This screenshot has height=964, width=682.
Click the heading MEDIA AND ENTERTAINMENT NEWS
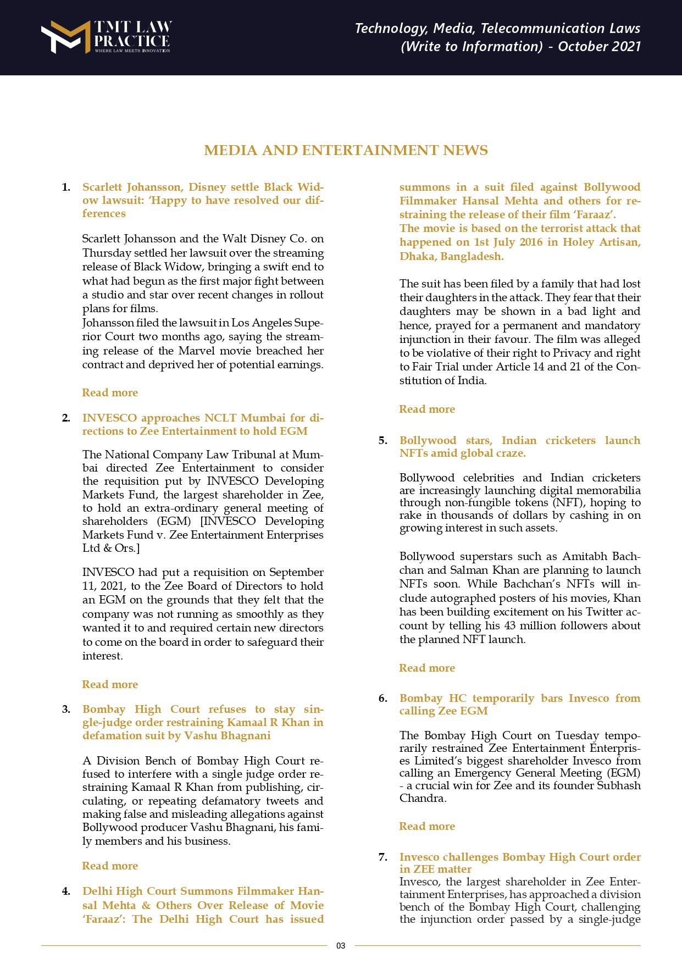click(x=346, y=151)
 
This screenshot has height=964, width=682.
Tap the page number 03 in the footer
click(x=341, y=945)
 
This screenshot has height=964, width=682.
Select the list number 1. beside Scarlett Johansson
click(x=66, y=187)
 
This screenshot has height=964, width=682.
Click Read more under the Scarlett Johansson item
click(x=110, y=392)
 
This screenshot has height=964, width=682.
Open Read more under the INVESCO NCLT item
click(x=110, y=684)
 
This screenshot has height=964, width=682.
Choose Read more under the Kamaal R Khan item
click(x=110, y=866)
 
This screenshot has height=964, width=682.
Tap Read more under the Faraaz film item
click(x=427, y=409)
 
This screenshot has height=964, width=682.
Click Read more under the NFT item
click(x=427, y=668)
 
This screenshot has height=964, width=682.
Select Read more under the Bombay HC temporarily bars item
click(x=427, y=826)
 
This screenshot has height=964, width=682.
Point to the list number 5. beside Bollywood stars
click(x=383, y=440)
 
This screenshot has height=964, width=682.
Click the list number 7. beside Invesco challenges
click(x=383, y=857)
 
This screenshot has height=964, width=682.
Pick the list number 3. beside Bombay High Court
click(x=66, y=710)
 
